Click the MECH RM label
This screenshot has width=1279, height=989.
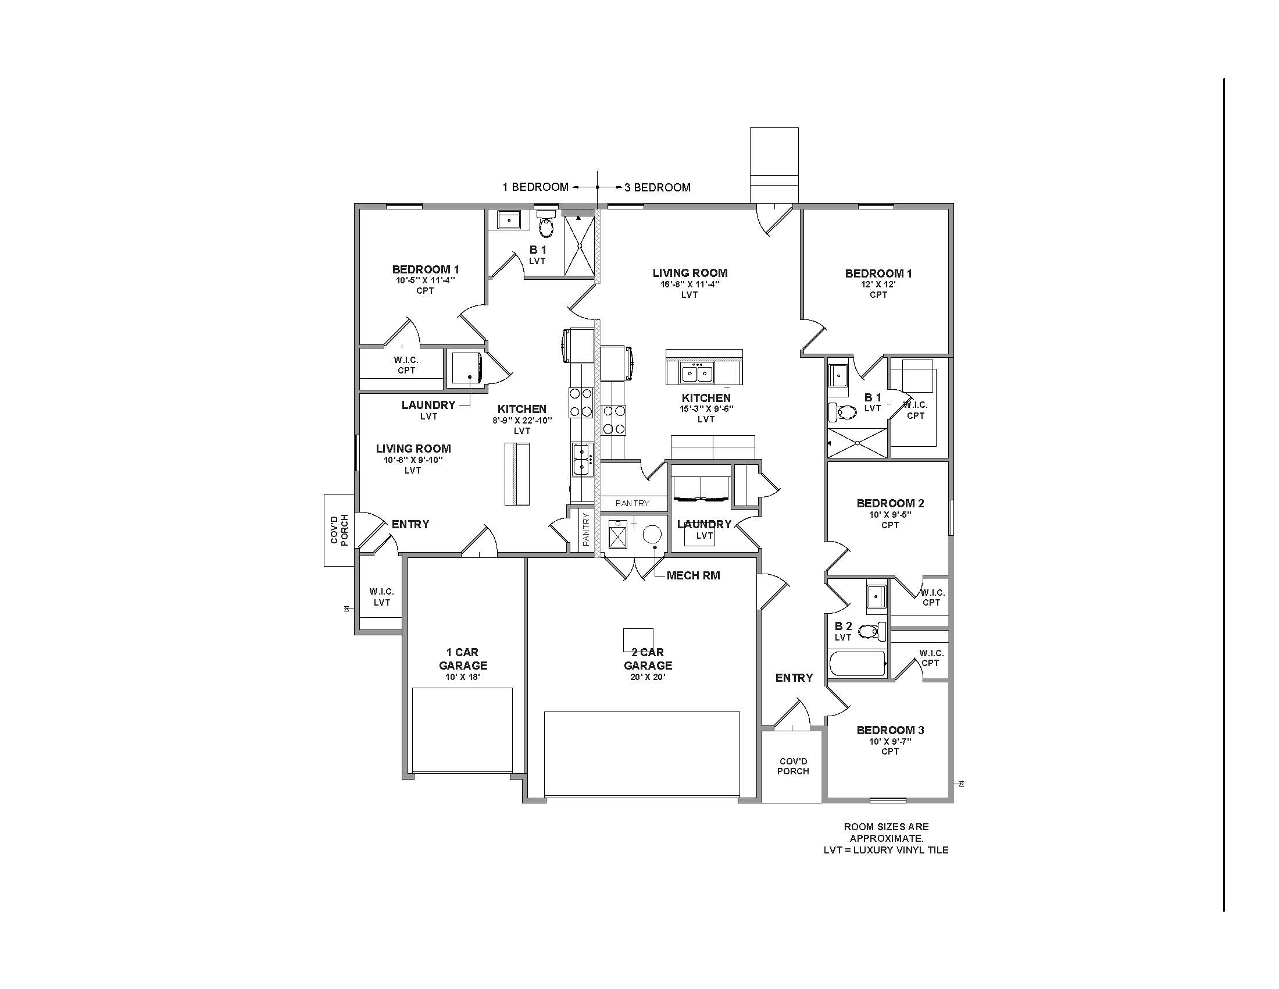pos(693,575)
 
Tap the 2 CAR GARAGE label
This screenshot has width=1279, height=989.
pos(648,659)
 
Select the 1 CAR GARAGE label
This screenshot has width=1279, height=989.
pos(463,659)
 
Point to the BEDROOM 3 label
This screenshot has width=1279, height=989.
pos(890,730)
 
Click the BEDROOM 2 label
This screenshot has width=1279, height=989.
pos(890,503)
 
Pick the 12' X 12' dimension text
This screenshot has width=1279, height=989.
pos(878,284)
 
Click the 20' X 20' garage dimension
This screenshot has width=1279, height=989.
pos(648,677)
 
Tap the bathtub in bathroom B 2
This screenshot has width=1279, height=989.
pos(858,664)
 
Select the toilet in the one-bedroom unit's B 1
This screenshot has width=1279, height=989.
pos(546,225)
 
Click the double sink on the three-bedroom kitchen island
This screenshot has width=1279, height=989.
pos(697,373)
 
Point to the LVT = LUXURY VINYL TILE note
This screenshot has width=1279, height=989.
pos(885,849)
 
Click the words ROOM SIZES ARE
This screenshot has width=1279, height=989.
pos(886,827)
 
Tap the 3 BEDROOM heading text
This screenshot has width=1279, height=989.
pos(657,187)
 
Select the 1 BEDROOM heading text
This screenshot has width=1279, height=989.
pos(535,187)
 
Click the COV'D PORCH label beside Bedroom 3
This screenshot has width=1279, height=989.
pos(793,766)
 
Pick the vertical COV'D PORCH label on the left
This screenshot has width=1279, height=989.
pos(338,529)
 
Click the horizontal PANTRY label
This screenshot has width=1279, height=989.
pos(633,503)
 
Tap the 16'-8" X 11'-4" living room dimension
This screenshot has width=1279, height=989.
pos(690,284)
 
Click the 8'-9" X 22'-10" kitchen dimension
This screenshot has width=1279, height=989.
pos(522,420)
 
